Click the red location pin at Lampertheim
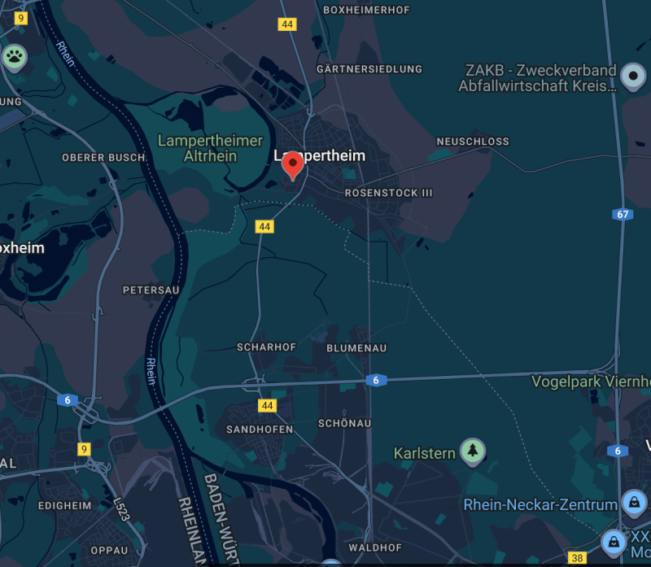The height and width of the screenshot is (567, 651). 293,165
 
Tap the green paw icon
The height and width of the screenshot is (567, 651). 15,57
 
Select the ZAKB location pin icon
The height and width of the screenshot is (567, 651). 632,77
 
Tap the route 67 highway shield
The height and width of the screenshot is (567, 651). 623,214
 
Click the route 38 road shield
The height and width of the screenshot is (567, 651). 577,557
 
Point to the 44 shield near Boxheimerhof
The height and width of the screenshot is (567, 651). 286,24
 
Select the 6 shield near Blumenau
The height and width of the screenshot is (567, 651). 375,380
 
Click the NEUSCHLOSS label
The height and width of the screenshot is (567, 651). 473,142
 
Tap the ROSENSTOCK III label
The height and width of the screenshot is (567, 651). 389,193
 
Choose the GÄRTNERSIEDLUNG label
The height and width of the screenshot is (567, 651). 369,69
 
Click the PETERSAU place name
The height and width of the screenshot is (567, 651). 151,290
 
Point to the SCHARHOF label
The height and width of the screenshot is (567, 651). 266,347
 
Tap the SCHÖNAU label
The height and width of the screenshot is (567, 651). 345,424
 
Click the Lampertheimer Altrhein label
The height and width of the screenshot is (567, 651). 210,148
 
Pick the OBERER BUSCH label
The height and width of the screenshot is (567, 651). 103,157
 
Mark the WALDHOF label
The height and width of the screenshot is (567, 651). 375,548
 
